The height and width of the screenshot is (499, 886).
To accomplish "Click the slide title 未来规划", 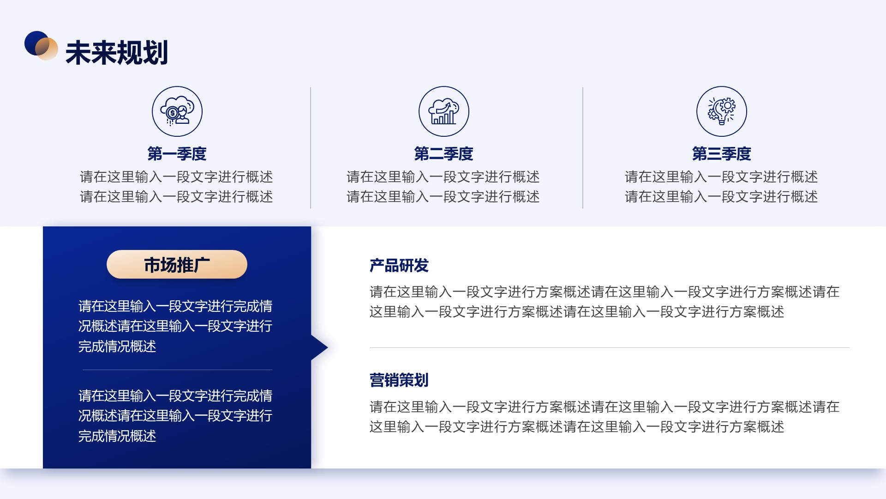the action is (x=117, y=52).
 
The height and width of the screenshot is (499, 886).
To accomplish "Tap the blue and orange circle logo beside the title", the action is (x=41, y=45).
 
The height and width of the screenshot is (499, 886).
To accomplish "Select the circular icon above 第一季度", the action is (x=177, y=111).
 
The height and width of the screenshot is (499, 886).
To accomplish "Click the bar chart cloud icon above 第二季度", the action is (x=444, y=111).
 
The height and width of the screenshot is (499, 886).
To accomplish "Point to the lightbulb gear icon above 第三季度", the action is (x=722, y=111).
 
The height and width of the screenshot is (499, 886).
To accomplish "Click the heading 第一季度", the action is (x=177, y=154).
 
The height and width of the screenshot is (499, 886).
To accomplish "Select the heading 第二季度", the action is (x=443, y=154).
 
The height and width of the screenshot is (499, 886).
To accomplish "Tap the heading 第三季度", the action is (x=722, y=154).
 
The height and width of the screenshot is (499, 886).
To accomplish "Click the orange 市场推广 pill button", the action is (x=177, y=264).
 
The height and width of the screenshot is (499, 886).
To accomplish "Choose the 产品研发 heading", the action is (x=399, y=266).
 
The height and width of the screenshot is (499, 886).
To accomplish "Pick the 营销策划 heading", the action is (x=399, y=380).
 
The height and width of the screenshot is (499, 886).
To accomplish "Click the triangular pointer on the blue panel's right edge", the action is (x=319, y=347).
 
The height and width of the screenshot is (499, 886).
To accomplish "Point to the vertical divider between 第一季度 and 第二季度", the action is (x=311, y=148).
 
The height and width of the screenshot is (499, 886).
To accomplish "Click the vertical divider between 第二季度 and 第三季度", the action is (x=583, y=148).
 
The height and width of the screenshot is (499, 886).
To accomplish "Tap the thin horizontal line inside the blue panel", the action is (x=177, y=370).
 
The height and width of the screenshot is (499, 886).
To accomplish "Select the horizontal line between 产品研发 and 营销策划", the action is (x=610, y=347).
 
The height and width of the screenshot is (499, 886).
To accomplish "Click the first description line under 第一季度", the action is (x=176, y=177).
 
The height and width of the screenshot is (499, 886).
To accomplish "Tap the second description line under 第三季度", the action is (x=721, y=197).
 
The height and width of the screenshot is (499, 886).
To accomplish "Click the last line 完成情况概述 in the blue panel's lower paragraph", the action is (x=117, y=436).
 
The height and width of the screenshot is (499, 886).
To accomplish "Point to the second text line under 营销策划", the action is (x=577, y=427).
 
